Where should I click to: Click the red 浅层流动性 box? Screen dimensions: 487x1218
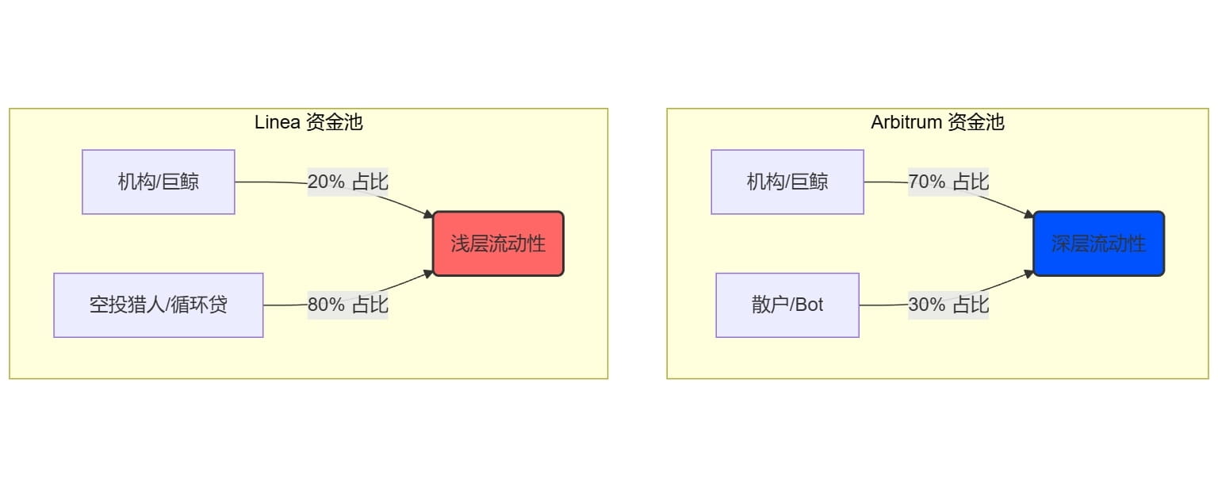pyautogui.click(x=498, y=243)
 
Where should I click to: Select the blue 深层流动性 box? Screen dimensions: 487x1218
pyautogui.click(x=1098, y=243)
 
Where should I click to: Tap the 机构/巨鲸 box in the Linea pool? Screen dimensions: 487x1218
pyautogui.click(x=159, y=182)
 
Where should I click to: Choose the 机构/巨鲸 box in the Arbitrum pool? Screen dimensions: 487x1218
pyautogui.click(x=787, y=182)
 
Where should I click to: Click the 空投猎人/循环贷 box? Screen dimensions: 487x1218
pyautogui.click(x=159, y=305)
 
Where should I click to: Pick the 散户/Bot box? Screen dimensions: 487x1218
pyautogui.click(x=787, y=305)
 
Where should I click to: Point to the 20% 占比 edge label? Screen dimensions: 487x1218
pyautogui.click(x=348, y=182)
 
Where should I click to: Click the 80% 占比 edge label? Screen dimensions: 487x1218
pyautogui.click(x=348, y=305)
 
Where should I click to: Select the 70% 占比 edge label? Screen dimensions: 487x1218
pyautogui.click(x=948, y=182)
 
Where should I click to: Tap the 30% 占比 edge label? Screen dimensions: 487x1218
pyautogui.click(x=948, y=305)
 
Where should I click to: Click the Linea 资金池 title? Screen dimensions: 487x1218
pyautogui.click(x=308, y=122)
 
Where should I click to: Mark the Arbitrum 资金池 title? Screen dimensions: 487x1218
pyautogui.click(x=937, y=122)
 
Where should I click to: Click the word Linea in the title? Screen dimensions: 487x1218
pyautogui.click(x=277, y=122)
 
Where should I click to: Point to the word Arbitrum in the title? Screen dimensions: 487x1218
pyautogui.click(x=906, y=122)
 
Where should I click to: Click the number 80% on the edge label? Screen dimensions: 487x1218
pyautogui.click(x=326, y=305)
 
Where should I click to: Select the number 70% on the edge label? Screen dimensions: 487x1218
pyautogui.click(x=926, y=182)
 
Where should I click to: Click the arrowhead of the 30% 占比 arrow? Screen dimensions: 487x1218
pyautogui.click(x=1029, y=272)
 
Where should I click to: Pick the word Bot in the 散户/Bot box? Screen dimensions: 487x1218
pyautogui.click(x=809, y=305)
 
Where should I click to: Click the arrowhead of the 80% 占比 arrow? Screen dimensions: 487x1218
pyautogui.click(x=429, y=272)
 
